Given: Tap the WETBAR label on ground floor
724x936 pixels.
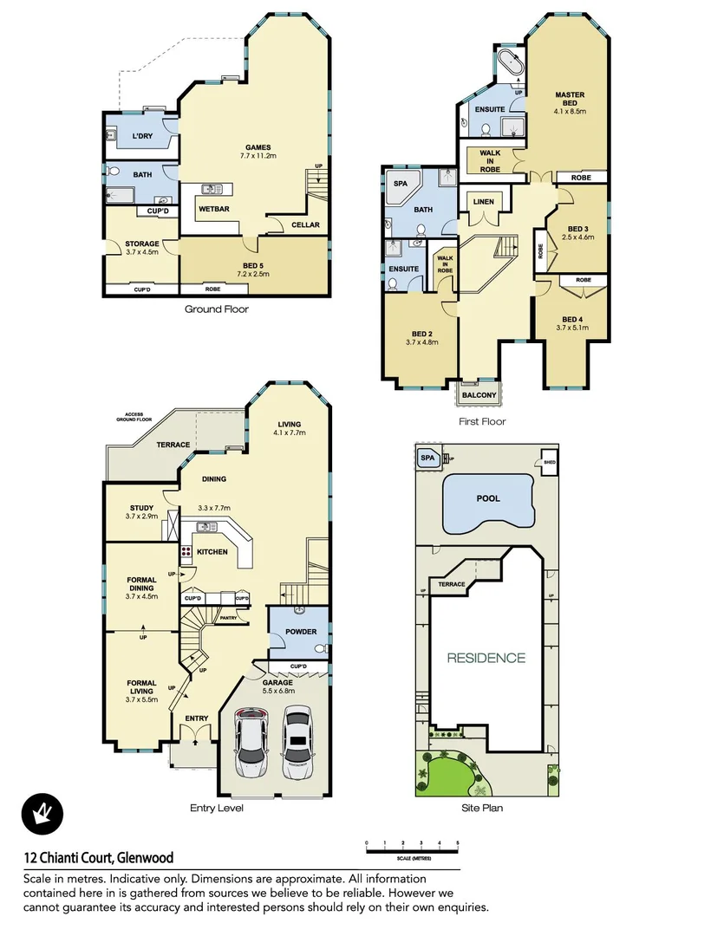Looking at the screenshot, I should (213, 209).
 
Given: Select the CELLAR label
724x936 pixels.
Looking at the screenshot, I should (305, 225).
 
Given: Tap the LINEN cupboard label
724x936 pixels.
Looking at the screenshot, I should (482, 202).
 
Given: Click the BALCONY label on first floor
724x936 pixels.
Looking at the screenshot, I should (479, 395).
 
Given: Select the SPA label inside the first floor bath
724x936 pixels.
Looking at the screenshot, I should (400, 185).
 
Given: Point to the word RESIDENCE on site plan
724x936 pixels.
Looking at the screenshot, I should (486, 658).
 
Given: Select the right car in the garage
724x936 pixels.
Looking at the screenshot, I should (297, 742).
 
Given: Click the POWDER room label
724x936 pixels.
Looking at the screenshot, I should (301, 632).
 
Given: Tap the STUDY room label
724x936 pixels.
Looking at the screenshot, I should (141, 509).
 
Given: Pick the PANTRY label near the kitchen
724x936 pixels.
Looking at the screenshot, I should (229, 618).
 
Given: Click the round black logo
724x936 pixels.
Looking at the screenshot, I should (42, 816).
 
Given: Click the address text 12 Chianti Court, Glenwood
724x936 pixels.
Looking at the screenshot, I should (98, 858).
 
